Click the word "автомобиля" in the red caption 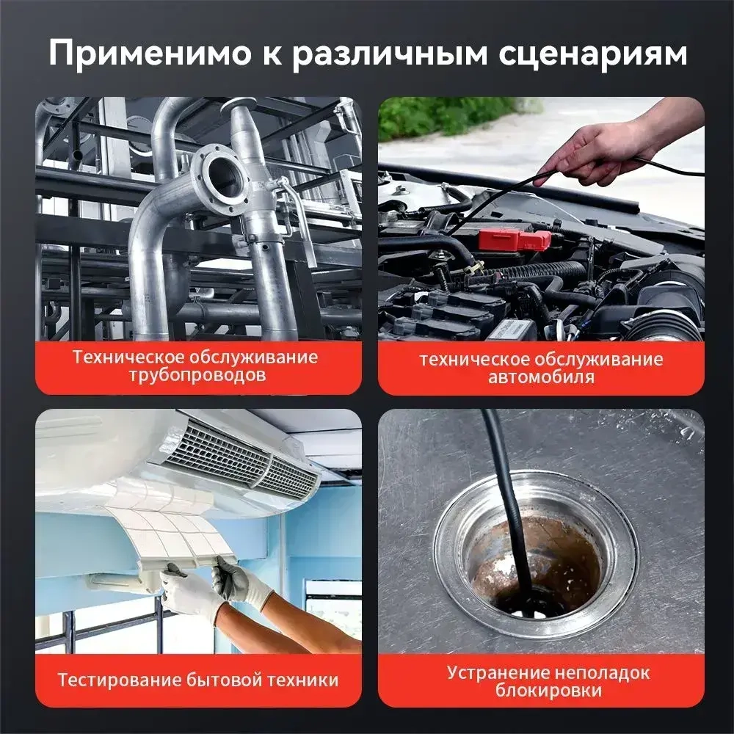(541, 377)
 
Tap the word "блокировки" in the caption (541, 690)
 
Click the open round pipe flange (220, 176)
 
